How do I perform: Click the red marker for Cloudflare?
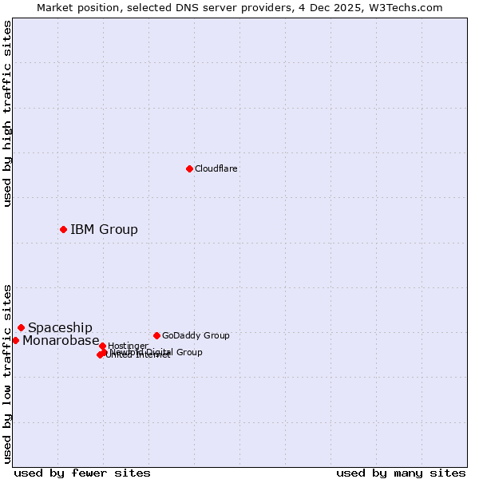189,168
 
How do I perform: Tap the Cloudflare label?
216,168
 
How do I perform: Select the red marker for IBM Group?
63,229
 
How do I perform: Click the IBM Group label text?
104,230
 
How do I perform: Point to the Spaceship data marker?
21,327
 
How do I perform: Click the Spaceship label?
60,328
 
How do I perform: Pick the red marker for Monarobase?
15,340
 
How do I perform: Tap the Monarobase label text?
61,341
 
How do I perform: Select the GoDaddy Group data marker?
156,335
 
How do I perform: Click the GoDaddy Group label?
196,335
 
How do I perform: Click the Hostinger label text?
128,346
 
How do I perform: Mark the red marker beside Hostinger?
102,346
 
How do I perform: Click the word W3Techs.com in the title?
410,7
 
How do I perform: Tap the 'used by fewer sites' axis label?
82,473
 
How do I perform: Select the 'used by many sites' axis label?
401,473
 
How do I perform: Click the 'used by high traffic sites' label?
7,113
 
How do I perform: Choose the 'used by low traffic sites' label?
7,374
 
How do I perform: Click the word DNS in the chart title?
182,7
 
